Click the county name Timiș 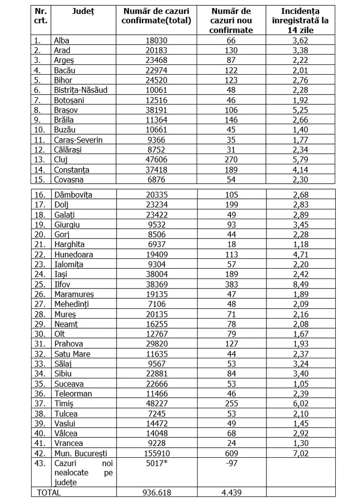pos(63,404)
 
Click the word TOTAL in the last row pos(49,493)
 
